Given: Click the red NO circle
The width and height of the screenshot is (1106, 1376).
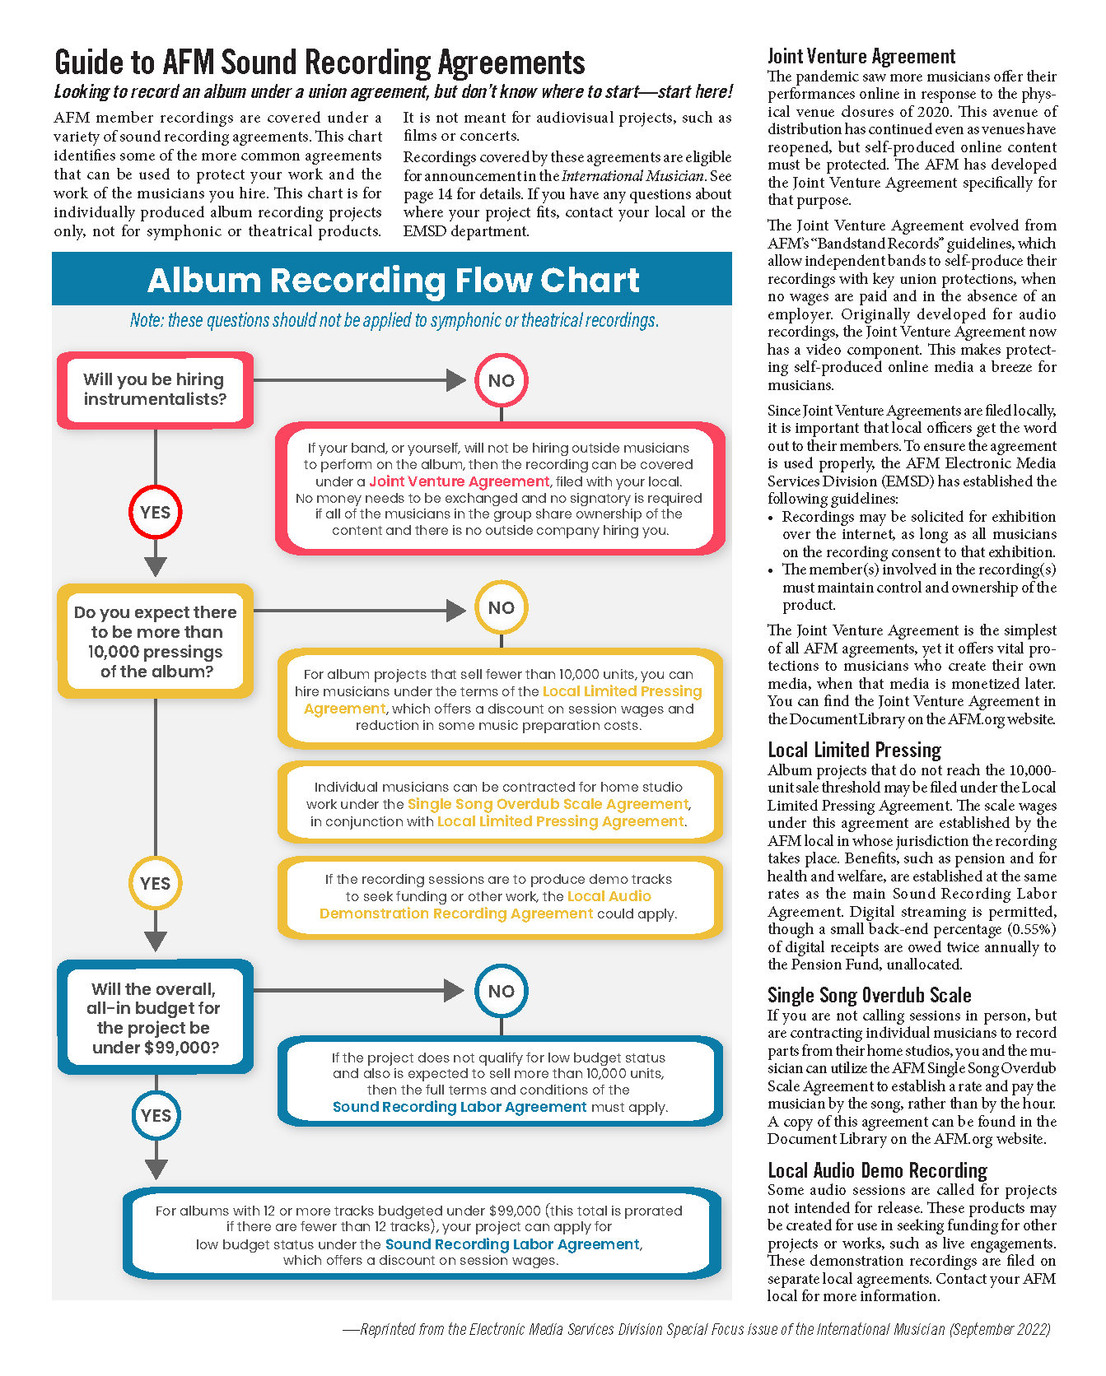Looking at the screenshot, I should click(x=501, y=380).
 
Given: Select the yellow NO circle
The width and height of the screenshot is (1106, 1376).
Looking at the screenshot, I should click(x=501, y=608).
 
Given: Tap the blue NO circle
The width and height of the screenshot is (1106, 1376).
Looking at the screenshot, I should click(x=501, y=991).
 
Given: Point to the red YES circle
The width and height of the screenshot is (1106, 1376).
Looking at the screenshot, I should click(x=155, y=512).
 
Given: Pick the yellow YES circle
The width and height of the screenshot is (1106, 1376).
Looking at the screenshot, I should click(x=155, y=883).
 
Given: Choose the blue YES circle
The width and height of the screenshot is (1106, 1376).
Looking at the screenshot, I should click(x=156, y=1116).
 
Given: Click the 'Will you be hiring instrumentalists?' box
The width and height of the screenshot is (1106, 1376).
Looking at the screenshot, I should click(x=155, y=390).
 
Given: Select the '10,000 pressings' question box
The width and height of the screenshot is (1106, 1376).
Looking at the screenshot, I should click(x=156, y=642).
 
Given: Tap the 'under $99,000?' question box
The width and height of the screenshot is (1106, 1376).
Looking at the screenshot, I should click(x=156, y=1017).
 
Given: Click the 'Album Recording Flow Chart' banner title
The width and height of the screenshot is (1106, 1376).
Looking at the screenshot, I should click(x=393, y=281).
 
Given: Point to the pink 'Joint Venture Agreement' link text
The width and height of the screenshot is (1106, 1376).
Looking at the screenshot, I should click(x=459, y=481).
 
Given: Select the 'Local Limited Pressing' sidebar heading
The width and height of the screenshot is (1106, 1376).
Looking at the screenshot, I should click(x=854, y=750).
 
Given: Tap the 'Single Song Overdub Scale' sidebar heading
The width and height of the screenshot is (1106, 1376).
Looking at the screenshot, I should click(x=869, y=995).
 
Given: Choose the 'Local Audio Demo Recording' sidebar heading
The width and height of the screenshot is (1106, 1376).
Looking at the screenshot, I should click(x=877, y=1170).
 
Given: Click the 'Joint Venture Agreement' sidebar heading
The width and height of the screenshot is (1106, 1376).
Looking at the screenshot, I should click(x=861, y=56).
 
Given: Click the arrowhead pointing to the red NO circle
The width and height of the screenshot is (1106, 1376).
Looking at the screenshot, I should click(x=455, y=380).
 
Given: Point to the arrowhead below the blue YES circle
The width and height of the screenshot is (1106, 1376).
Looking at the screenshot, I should click(x=156, y=1169).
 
